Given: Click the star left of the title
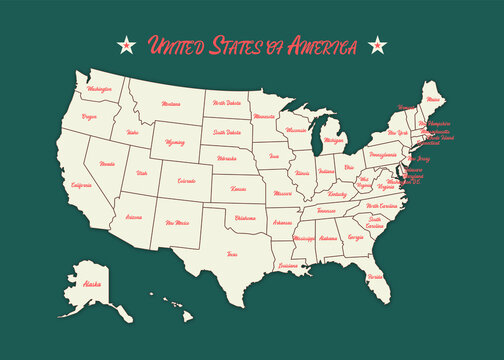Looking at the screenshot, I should [x=127, y=44].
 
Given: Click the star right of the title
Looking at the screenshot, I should [x=377, y=44].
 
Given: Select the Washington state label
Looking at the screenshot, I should [x=100, y=89].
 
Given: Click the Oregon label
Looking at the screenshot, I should [x=90, y=117].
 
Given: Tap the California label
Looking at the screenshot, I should [x=82, y=185].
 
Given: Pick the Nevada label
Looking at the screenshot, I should [x=107, y=163].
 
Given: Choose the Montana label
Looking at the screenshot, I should [x=171, y=103].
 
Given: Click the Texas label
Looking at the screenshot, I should [x=232, y=254].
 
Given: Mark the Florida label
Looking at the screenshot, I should [x=375, y=275].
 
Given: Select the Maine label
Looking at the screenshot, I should [x=431, y=100].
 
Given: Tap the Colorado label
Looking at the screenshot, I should [x=186, y=181].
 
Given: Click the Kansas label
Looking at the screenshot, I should [x=238, y=188].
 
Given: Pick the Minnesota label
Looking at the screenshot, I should [x=265, y=117].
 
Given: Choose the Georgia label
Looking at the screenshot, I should [x=355, y=238].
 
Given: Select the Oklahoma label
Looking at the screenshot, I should [x=245, y=218].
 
